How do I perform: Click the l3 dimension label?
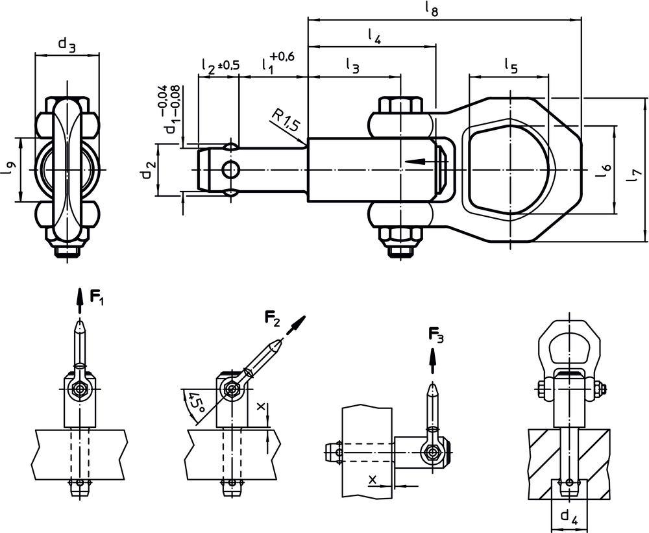[x=351, y=65]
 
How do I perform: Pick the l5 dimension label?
[x=511, y=65]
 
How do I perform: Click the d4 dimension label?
[x=569, y=517]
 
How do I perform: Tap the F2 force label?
[x=272, y=317]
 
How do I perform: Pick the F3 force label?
[x=436, y=335]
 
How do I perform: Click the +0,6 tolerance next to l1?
[x=283, y=57]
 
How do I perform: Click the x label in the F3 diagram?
[x=373, y=479]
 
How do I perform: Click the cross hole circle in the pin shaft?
[x=230, y=170]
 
